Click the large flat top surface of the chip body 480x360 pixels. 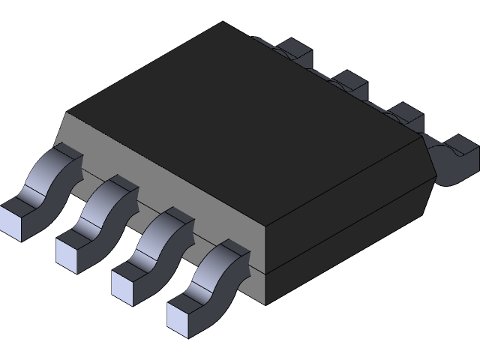[240, 120]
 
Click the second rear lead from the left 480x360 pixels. [349, 82]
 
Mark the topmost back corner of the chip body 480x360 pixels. [223, 22]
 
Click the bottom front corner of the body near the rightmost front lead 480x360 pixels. [266, 304]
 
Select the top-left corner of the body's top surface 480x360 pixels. [67, 113]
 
